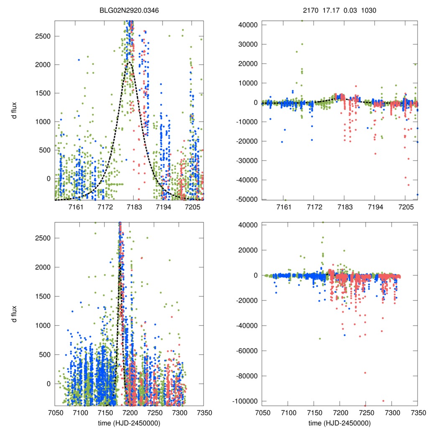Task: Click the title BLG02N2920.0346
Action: [x=129, y=11]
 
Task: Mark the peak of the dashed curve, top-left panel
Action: [x=130, y=63]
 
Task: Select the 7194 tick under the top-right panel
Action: [x=375, y=207]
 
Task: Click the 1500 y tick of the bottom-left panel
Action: [x=42, y=296]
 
